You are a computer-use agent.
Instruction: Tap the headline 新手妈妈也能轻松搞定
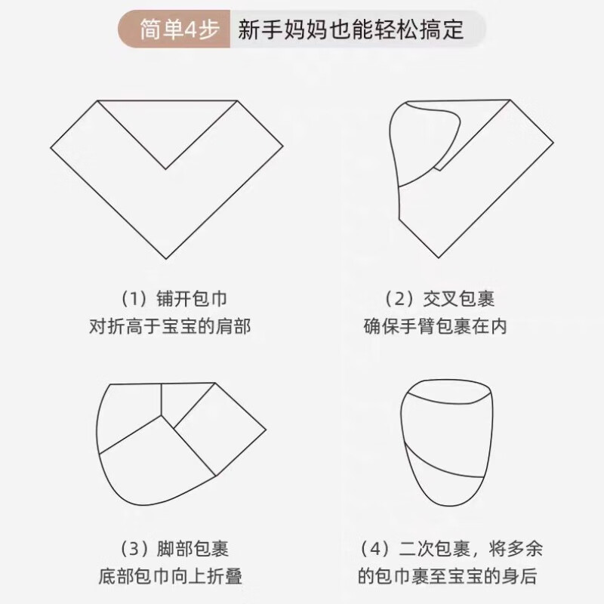(350, 31)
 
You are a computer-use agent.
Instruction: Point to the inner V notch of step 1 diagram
(168, 168)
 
